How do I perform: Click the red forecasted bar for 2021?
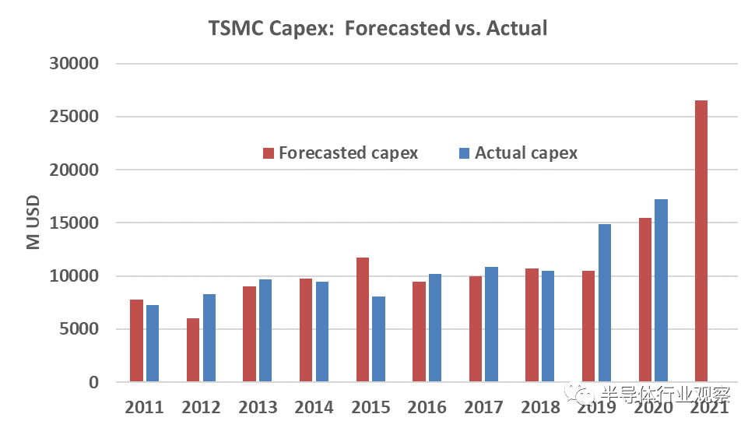point(701,241)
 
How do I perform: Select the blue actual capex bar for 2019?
point(605,303)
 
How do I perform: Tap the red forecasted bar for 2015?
point(362,320)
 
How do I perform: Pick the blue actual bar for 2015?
point(378,339)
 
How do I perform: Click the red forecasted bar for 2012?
point(192,350)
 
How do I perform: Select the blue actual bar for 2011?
point(153,343)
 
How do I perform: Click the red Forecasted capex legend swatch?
point(269,153)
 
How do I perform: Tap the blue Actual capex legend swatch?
point(465,153)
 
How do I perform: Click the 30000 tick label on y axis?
point(75,64)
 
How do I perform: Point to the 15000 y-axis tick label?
point(75,223)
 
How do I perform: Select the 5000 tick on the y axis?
point(80,329)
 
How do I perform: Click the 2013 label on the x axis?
point(258,407)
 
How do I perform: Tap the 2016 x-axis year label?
point(427,407)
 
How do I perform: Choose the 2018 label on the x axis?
point(540,407)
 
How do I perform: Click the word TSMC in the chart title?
point(234,29)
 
